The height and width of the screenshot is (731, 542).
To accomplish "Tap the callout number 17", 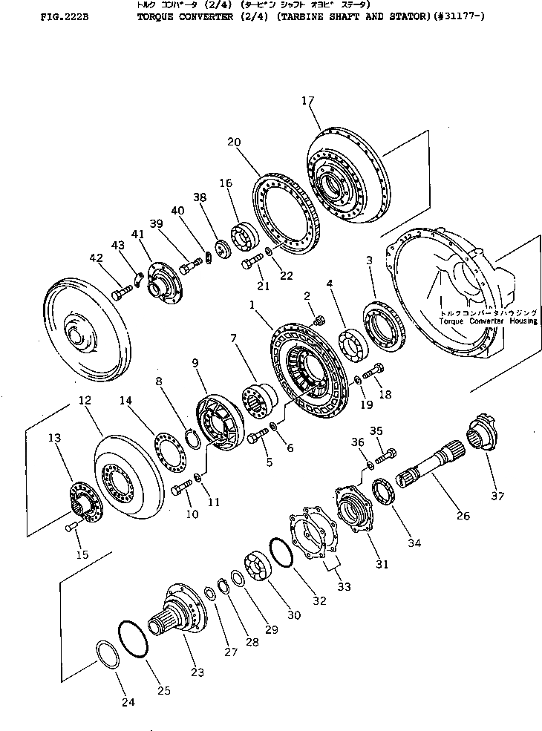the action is (310, 102).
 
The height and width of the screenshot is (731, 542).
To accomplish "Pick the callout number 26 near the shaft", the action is (463, 513).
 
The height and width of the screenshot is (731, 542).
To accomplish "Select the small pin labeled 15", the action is (72, 526).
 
